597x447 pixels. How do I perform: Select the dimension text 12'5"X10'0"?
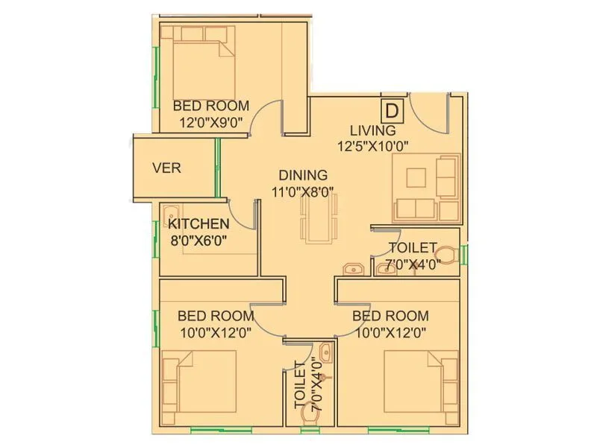click(x=373, y=146)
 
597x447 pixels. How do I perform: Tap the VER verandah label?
click(x=166, y=168)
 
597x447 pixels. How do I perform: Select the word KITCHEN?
click(x=198, y=224)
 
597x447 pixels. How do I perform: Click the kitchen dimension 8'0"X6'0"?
click(x=198, y=240)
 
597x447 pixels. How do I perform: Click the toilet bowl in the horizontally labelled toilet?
click(x=446, y=256)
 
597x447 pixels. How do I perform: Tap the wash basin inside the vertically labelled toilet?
click(x=322, y=353)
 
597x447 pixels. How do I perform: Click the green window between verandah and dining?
click(x=217, y=168)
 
